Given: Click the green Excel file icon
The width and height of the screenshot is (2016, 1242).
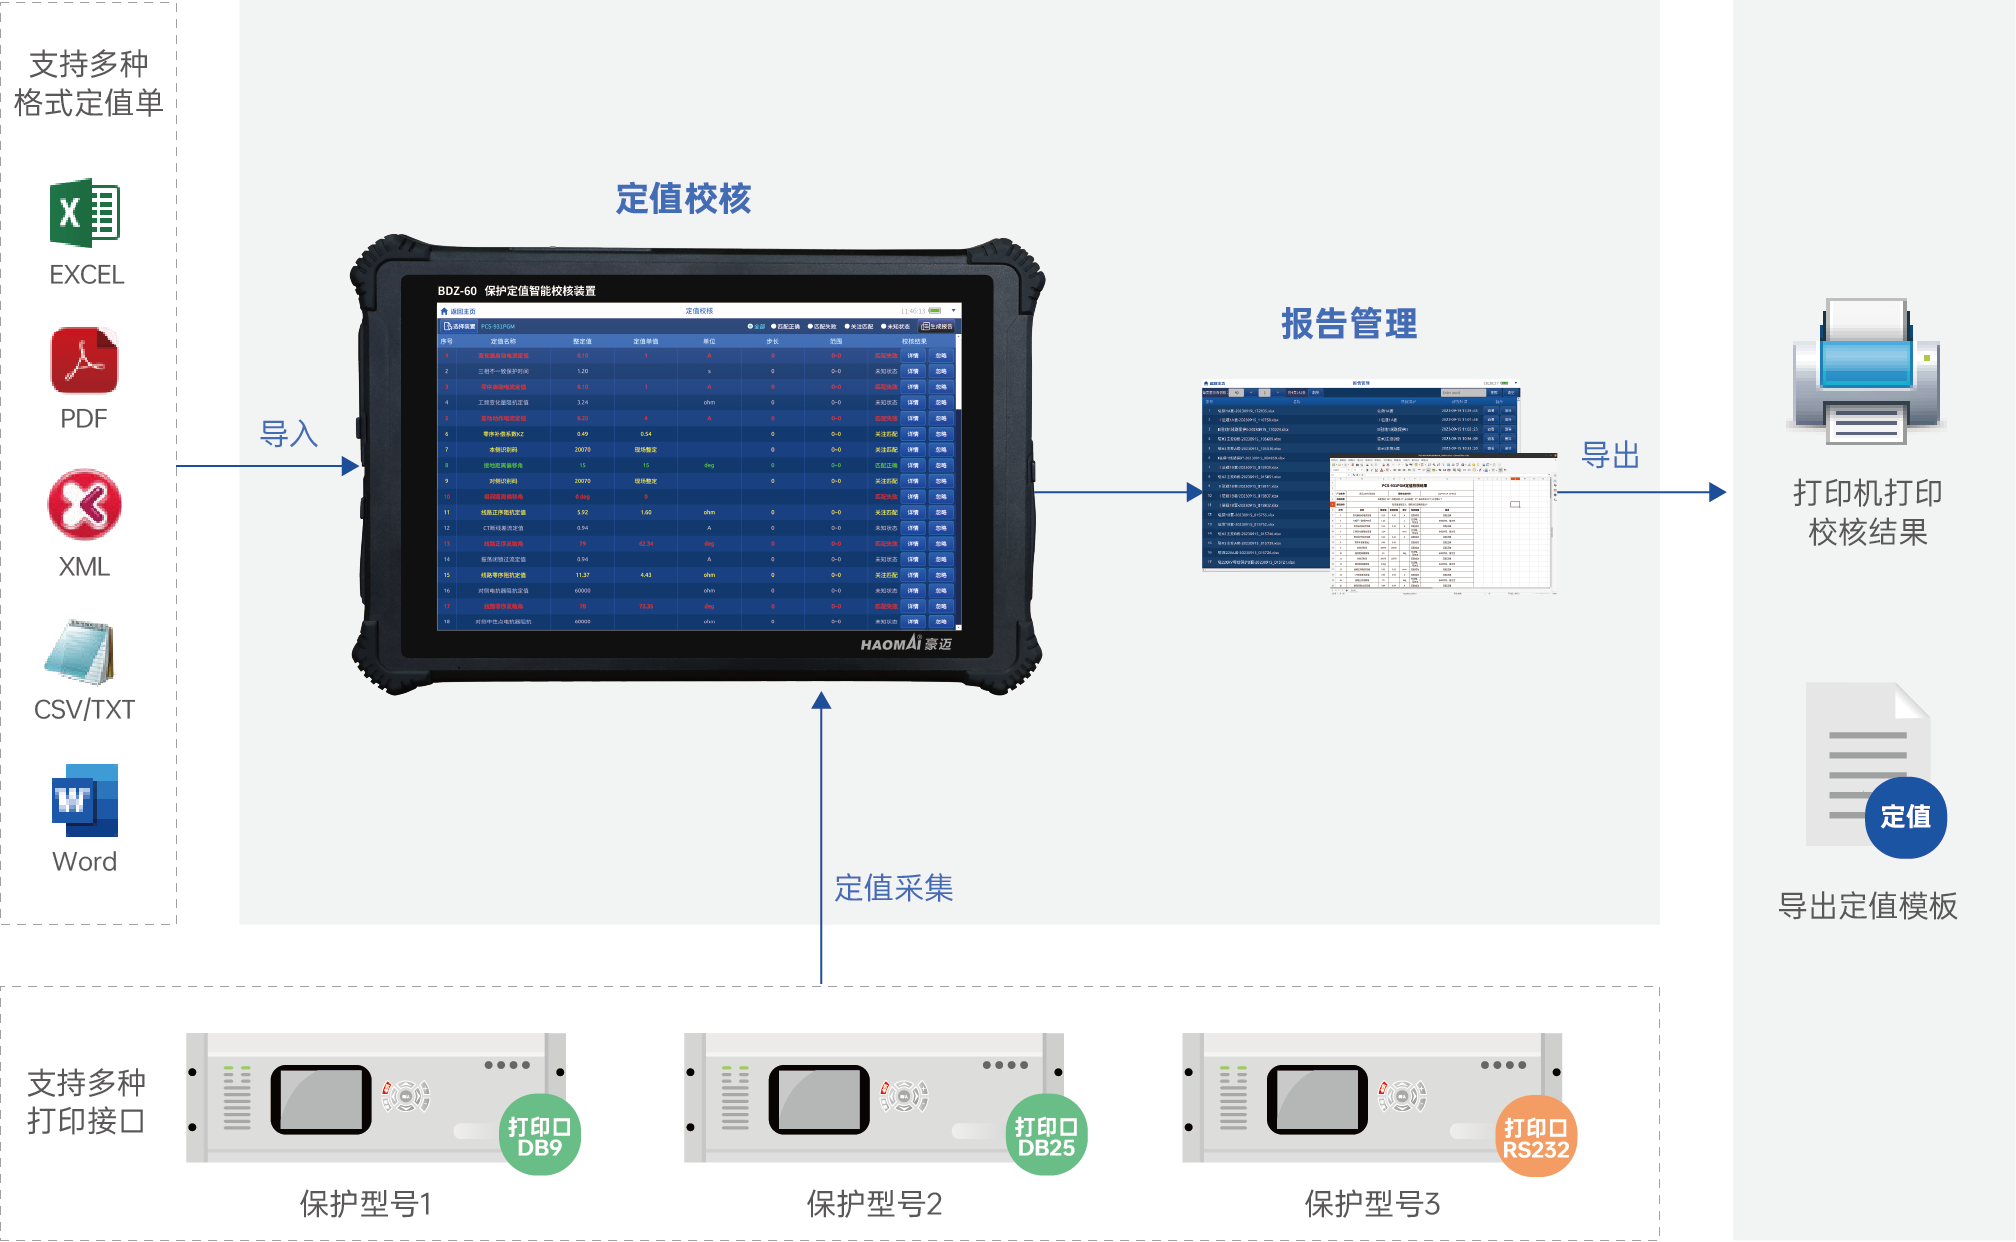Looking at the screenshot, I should coord(85,212).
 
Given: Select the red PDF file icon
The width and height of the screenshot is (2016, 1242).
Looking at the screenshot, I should coord(85,361).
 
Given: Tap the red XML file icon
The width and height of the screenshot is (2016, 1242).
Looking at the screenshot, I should coord(85,505).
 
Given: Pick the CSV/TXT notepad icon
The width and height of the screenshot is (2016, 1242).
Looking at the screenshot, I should coord(82,652).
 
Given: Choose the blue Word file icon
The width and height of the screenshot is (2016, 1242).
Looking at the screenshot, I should coord(85,800).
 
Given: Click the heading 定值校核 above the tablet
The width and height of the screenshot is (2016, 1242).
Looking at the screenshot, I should coord(683,199).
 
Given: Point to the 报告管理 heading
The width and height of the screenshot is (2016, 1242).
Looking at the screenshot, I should coord(1349,324).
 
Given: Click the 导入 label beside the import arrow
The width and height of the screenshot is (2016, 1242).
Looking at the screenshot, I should coord(289,434).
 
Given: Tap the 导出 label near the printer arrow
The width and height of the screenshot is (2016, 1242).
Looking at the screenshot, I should coord(1610,455).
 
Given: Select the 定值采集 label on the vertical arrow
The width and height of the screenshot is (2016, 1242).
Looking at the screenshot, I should coord(893,888).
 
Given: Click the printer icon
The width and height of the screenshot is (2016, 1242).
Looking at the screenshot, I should coord(1866,371).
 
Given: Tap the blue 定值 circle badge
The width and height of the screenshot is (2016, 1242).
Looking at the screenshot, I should coord(1905,817).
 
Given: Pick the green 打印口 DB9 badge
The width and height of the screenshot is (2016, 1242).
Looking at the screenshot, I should coord(539,1136).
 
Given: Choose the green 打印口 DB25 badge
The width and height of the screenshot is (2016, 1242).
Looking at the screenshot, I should coord(1046,1136).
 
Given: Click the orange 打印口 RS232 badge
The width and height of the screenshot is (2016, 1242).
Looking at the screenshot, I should coord(1536,1138).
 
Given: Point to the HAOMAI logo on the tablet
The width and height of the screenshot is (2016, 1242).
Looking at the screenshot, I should coord(905,644).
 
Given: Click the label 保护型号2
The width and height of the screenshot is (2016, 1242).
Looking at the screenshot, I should coord(874,1204).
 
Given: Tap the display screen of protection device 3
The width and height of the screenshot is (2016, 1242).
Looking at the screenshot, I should coord(1316,1100).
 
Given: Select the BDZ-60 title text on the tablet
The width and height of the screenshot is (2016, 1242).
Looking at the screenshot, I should coord(516,291).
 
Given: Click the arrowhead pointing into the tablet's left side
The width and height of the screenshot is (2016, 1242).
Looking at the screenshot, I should coord(350,466).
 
